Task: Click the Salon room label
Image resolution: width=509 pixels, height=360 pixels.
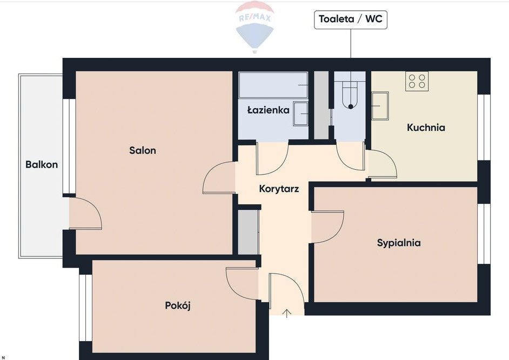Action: (143, 150)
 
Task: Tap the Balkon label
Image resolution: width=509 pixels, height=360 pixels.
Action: (42, 164)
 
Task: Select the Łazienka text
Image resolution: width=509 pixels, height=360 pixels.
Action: (269, 110)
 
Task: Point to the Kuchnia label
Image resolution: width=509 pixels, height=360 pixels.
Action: (426, 128)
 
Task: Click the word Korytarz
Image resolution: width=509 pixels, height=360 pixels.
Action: (279, 189)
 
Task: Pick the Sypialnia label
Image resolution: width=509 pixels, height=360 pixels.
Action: (399, 243)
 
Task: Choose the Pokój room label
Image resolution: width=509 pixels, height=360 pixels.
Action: (178, 305)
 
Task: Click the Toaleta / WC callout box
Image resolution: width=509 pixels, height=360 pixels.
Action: (351, 19)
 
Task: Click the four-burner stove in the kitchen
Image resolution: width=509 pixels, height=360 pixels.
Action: (417, 81)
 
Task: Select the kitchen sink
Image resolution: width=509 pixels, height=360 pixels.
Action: (380, 106)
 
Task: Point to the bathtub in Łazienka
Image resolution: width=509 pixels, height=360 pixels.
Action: (273, 85)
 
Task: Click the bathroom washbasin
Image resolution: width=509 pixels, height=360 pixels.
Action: (300, 114)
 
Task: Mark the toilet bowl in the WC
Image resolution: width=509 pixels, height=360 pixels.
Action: (350, 95)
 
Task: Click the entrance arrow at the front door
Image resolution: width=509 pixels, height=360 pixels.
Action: (287, 314)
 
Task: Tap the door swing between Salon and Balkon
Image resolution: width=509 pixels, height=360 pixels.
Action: (86, 213)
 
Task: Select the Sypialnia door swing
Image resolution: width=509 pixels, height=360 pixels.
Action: (327, 226)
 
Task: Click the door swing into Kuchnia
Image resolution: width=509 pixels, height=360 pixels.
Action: (381, 164)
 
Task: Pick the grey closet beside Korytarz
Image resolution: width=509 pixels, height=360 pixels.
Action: (249, 232)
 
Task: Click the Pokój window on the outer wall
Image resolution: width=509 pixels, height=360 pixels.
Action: (86, 308)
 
